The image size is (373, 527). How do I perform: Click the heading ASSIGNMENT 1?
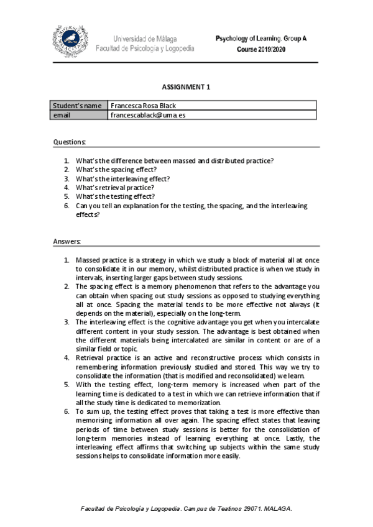point(186,87)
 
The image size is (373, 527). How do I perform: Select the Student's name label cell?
point(77,106)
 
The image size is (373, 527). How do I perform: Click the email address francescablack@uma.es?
point(147,115)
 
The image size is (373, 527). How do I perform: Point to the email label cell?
point(62,115)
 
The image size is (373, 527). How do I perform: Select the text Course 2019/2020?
point(271,48)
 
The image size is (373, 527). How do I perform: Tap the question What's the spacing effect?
point(116,169)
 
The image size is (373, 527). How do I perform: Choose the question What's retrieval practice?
point(115,187)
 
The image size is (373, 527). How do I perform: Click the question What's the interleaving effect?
point(122,178)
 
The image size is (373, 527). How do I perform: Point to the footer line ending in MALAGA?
point(186,508)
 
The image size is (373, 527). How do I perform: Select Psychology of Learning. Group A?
point(261,39)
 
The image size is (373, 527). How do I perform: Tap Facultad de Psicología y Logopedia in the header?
point(145,48)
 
